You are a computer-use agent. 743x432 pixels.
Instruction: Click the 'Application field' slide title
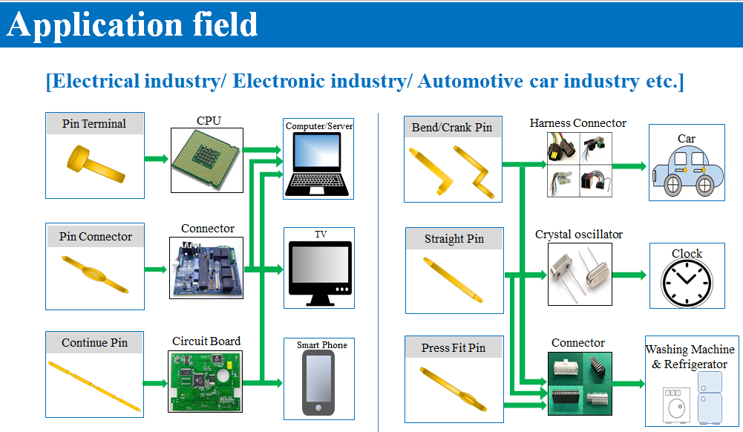tap(132, 24)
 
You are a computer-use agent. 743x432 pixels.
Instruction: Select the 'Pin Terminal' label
tap(94, 123)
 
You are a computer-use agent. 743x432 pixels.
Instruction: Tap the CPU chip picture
tap(208, 160)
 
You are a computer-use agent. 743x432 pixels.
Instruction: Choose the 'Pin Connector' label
tap(95, 237)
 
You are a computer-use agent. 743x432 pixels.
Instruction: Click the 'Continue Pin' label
tap(94, 343)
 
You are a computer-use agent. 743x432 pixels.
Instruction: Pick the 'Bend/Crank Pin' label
tap(452, 128)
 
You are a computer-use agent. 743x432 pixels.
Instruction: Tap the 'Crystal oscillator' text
tap(579, 235)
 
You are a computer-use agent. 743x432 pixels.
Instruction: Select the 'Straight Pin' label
tap(454, 239)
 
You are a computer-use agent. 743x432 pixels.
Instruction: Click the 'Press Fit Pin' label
tap(453, 347)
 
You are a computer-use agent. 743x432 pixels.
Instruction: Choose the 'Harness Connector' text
tap(578, 123)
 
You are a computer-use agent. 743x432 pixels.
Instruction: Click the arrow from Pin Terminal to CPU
tap(156, 158)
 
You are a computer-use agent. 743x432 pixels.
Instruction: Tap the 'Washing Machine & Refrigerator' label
tap(690, 356)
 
